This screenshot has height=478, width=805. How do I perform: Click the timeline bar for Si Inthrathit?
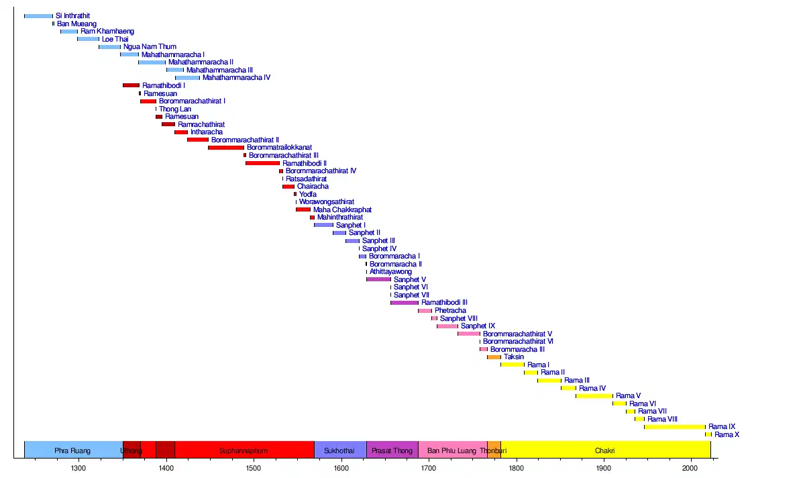point(38,16)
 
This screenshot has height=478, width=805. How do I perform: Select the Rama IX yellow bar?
point(674,427)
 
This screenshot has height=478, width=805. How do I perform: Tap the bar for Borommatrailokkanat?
point(226,148)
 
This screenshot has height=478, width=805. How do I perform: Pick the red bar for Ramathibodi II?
point(262,163)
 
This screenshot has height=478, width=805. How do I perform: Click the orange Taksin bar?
point(494,357)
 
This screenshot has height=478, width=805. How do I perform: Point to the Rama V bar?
point(594,396)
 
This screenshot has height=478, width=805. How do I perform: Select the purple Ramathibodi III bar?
point(405,303)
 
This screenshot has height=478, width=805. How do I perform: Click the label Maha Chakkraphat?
point(342,210)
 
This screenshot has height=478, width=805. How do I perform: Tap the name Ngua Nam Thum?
point(150,47)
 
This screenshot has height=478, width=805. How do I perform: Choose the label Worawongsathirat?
point(327,202)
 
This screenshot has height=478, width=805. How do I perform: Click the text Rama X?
point(727,435)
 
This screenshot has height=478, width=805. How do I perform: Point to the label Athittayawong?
point(390,272)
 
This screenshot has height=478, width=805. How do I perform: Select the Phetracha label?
point(450,311)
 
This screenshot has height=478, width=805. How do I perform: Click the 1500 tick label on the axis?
point(253,468)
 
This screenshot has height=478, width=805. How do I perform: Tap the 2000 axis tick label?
point(691,468)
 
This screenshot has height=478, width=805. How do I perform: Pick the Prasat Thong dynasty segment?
point(392,450)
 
